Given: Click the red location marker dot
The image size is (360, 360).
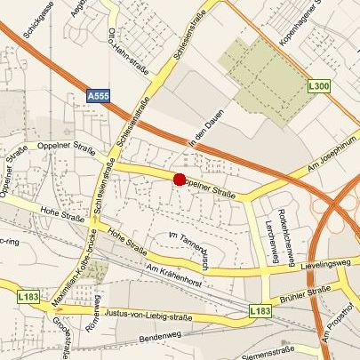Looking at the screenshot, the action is (179, 180).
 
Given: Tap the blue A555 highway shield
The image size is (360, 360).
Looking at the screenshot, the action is (100, 93).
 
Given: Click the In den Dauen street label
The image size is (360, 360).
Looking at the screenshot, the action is (204, 132).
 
